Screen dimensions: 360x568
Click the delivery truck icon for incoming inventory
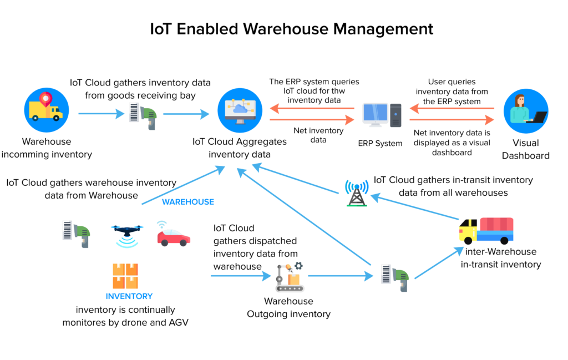click(x=47, y=110)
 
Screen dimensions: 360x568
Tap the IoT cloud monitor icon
click(x=240, y=110)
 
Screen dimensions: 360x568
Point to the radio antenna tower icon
click(x=356, y=193)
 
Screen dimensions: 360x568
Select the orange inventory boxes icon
click(x=125, y=276)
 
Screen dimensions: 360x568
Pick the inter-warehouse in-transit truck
click(x=486, y=230)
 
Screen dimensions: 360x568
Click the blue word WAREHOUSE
click(x=188, y=202)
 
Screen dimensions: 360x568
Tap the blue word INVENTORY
click(x=129, y=296)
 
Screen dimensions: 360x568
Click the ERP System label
click(x=380, y=143)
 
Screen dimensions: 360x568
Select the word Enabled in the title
click(x=215, y=29)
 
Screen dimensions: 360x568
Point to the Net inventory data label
click(x=318, y=135)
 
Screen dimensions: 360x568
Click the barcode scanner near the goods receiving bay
click(x=143, y=115)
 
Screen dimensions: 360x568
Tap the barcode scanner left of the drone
click(x=76, y=233)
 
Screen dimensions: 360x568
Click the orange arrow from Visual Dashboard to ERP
click(x=452, y=108)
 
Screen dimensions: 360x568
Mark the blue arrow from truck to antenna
click(x=414, y=205)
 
